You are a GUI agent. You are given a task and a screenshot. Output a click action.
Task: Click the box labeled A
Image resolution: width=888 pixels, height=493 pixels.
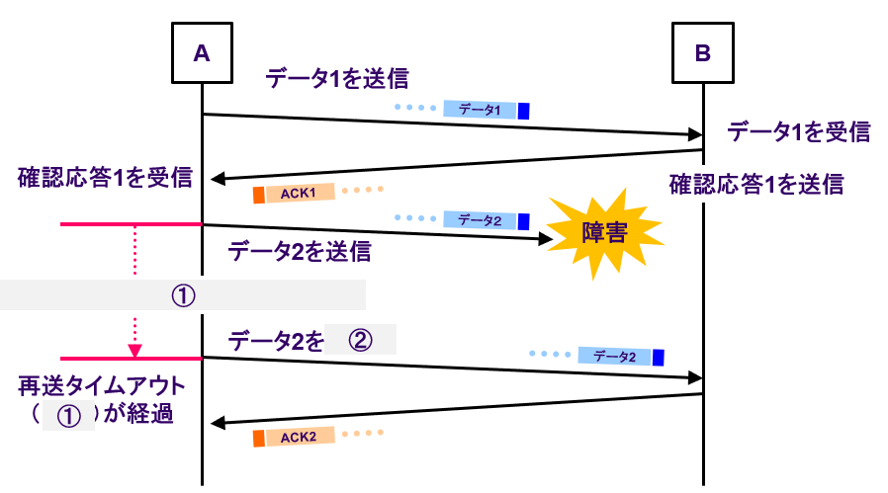click(202, 53)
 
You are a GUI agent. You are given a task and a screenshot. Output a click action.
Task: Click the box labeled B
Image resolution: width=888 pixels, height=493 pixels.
click(703, 53)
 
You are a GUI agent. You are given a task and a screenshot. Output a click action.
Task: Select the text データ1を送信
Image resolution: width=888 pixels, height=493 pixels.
click(337, 78)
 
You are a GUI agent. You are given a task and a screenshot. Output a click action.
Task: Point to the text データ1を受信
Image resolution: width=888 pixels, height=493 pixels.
click(798, 131)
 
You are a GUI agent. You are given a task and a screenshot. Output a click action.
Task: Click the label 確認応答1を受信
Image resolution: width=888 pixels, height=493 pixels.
click(104, 178)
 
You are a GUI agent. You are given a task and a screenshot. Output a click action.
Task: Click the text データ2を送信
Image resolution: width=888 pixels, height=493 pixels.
click(300, 251)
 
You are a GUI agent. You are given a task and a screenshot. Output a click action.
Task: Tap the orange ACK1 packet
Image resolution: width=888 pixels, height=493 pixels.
click(295, 192)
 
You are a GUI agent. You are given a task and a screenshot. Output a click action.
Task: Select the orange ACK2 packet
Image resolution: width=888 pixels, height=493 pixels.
click(295, 436)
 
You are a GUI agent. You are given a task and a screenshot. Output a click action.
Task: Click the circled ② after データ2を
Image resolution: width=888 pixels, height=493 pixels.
click(360, 341)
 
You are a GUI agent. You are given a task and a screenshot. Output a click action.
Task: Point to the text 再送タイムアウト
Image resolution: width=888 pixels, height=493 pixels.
click(104, 384)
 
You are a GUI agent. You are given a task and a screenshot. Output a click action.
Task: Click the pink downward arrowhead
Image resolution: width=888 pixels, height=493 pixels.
click(135, 351)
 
